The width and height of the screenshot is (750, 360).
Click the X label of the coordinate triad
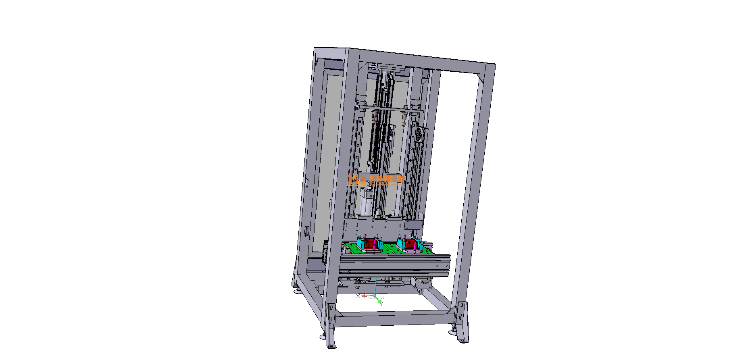click(358, 296)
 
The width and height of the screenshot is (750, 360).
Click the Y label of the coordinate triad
click(381, 304)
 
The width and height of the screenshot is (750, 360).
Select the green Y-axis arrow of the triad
click(379, 301)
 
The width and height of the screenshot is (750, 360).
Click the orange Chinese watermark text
click(386, 180)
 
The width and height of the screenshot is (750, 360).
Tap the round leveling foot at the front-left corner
click(323, 337)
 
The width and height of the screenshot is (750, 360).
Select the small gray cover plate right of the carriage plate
click(414, 225)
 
